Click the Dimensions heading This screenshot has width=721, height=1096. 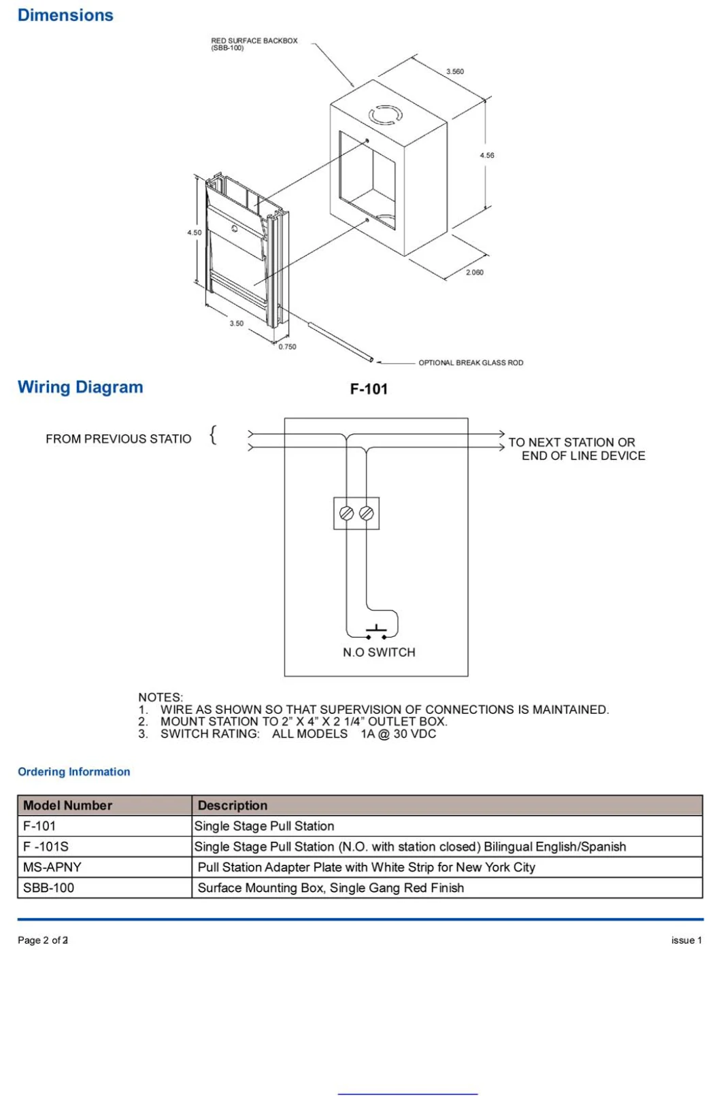click(x=65, y=15)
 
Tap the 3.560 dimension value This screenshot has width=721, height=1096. click(x=455, y=71)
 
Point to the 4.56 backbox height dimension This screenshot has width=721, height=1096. click(x=487, y=155)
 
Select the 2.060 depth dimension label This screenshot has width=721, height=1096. click(x=475, y=272)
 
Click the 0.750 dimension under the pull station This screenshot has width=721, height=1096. click(x=287, y=347)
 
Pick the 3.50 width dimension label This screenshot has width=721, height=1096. click(x=236, y=324)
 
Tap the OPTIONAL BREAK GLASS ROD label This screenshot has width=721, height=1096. click(x=471, y=362)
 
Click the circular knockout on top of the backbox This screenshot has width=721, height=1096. click(x=385, y=115)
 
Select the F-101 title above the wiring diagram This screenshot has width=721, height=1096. click(x=369, y=389)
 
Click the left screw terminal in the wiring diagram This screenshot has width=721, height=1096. click(x=346, y=513)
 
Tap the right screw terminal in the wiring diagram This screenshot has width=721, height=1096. click(x=367, y=513)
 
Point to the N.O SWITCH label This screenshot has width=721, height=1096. click(x=379, y=652)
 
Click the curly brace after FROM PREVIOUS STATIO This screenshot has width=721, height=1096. click(x=214, y=434)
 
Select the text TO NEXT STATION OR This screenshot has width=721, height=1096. click(x=571, y=442)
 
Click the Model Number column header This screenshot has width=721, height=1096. click(x=67, y=805)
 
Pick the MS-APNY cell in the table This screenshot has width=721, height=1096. click(x=52, y=867)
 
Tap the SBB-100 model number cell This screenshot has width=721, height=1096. click(x=48, y=887)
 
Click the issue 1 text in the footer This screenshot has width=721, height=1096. click(x=686, y=940)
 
